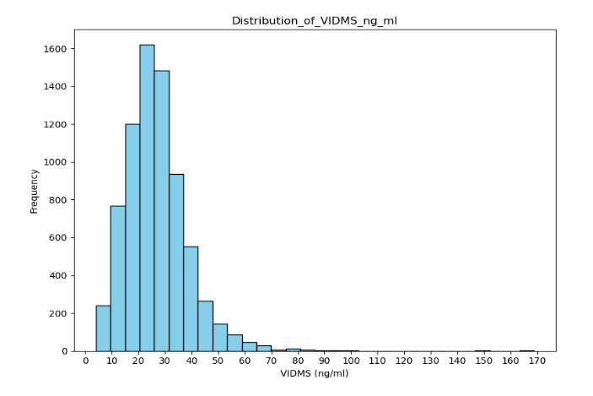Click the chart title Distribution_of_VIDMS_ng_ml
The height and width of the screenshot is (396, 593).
pyautogui.click(x=314, y=20)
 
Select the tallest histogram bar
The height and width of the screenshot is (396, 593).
pyautogui.click(x=147, y=198)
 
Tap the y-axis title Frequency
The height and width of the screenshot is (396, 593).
pyautogui.click(x=35, y=190)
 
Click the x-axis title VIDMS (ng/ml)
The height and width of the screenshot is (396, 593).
pyautogui.click(x=314, y=373)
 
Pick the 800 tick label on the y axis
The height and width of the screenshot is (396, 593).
pyautogui.click(x=60, y=200)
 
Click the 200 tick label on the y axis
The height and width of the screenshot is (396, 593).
pyautogui.click(x=60, y=313)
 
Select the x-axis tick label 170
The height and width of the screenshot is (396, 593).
pyautogui.click(x=537, y=361)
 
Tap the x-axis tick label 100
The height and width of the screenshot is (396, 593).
pyautogui.click(x=351, y=361)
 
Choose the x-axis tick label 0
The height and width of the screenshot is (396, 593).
pyautogui.click(x=85, y=361)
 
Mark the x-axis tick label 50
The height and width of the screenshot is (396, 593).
pyautogui.click(x=218, y=361)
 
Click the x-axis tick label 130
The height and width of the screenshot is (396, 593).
pyautogui.click(x=431, y=361)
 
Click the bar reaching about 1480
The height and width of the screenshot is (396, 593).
pyautogui.click(x=161, y=210)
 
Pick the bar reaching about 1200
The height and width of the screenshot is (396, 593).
pyautogui.click(x=132, y=237)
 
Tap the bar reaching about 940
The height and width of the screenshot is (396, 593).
pyautogui.click(x=176, y=262)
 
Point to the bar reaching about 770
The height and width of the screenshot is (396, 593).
pyautogui.click(x=117, y=278)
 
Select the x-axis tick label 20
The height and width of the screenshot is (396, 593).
pyautogui.click(x=138, y=361)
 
